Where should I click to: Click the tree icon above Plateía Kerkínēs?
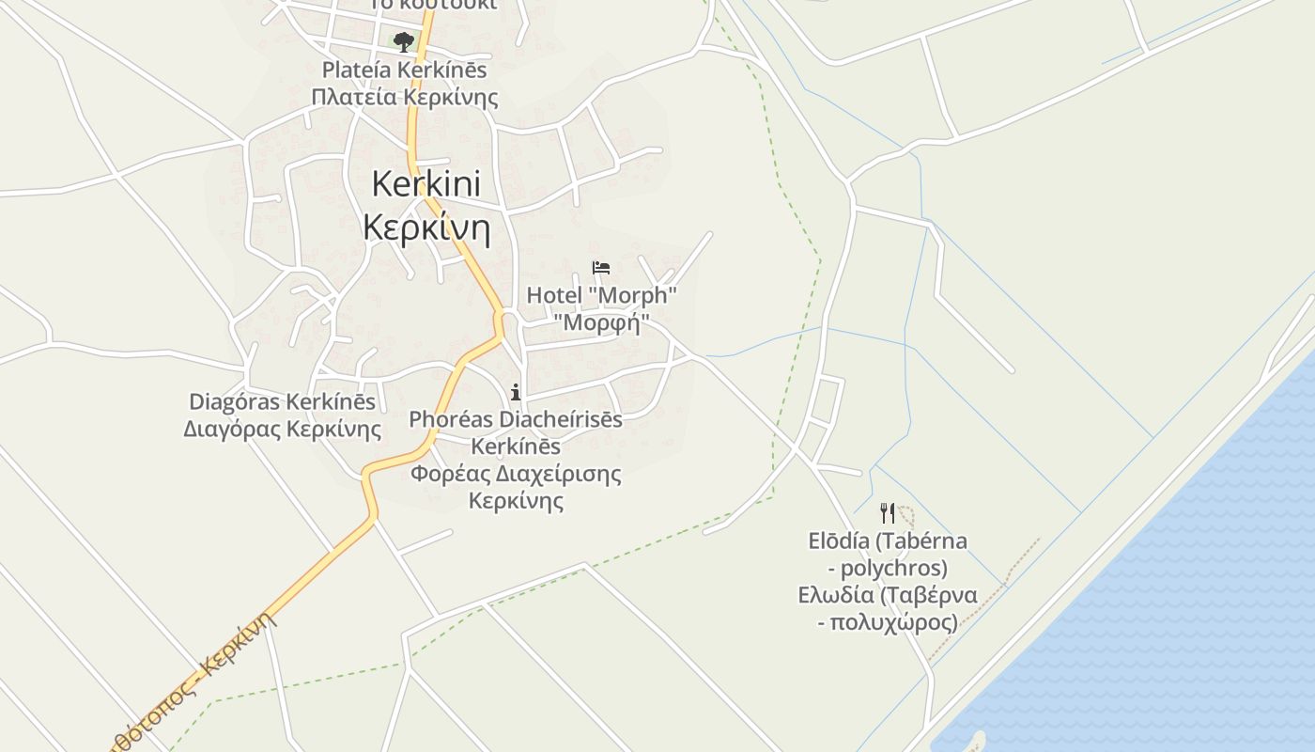[403, 41]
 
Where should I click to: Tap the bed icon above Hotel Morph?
[601, 268]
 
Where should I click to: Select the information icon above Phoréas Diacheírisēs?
[515, 392]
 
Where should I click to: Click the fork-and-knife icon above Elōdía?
[887, 512]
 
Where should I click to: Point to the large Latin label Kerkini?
[425, 184]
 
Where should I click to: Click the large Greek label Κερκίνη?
[426, 227]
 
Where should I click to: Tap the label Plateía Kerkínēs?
[405, 70]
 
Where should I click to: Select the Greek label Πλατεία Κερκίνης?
[405, 97]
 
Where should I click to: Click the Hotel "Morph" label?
[601, 295]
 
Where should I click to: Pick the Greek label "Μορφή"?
[601, 322]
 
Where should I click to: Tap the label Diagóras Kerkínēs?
[282, 402]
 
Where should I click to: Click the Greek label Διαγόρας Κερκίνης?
[282, 430]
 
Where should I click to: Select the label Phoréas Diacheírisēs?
[515, 419]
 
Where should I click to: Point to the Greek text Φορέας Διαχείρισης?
[516, 473]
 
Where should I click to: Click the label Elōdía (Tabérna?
[888, 541]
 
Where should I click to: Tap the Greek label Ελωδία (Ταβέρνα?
[888, 595]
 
